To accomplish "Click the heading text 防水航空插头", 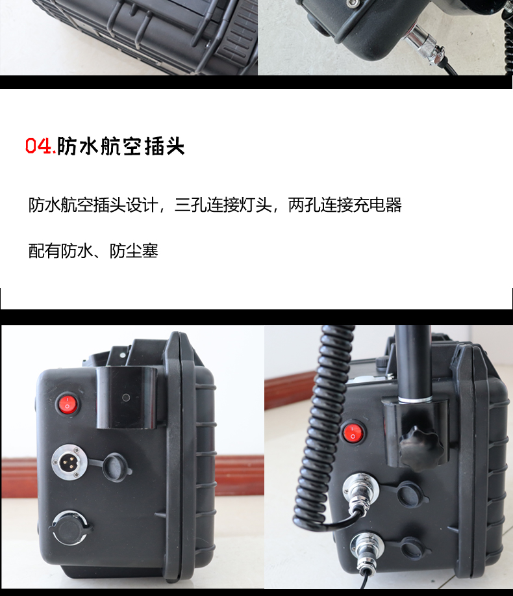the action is coord(121,146).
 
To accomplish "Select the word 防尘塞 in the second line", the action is coord(134,251).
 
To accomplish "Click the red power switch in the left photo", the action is coord(68,404).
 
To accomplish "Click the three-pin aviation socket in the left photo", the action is coord(69,462).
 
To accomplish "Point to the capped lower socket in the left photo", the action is coord(70,528).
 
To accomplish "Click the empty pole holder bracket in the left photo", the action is coord(127,398).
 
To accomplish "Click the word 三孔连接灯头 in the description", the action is coord(223,205).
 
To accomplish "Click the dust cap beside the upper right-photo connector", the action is coord(410,493).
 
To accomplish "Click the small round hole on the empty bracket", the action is coord(126,398).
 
